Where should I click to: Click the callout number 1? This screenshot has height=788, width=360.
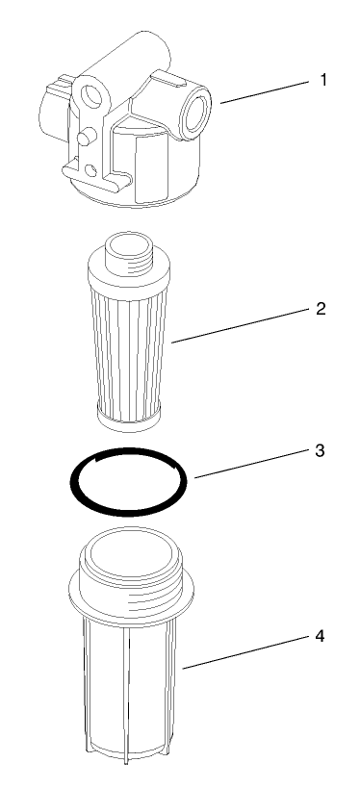[x=323, y=80]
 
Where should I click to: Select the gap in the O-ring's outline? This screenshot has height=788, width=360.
[x=178, y=466]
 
